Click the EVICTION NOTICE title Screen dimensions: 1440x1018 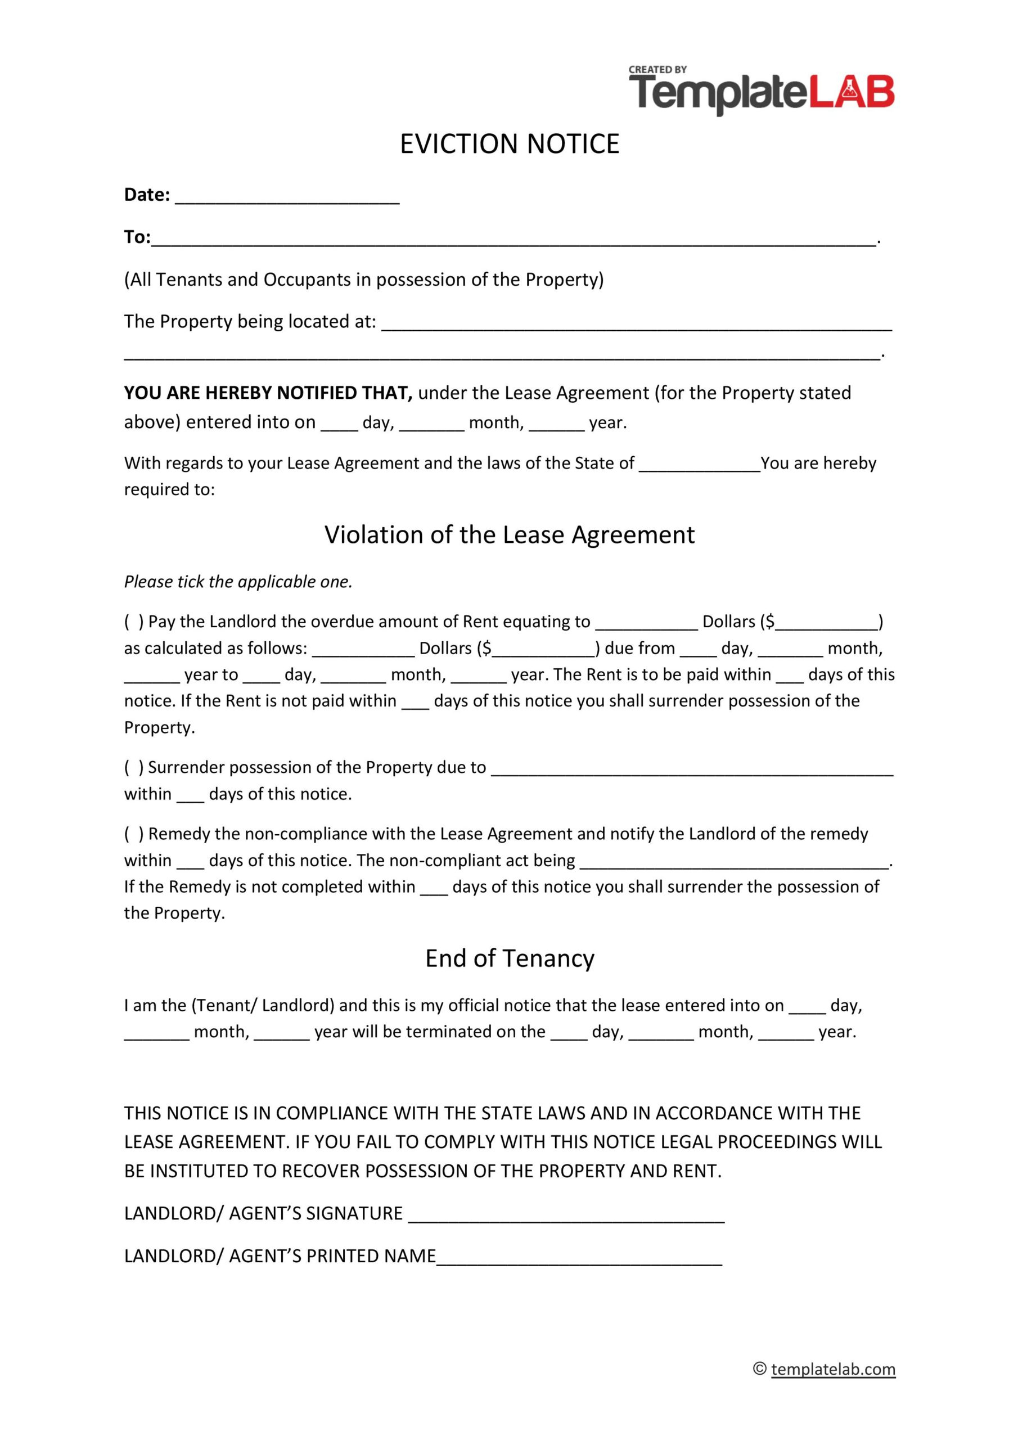pyautogui.click(x=510, y=143)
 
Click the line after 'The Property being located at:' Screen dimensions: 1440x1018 pyautogui.click(x=636, y=323)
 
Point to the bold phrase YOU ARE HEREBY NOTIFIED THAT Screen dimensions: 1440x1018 pyautogui.click(x=268, y=393)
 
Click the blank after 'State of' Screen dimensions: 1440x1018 pyautogui.click(x=699, y=465)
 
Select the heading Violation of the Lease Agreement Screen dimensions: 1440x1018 pyautogui.click(x=510, y=534)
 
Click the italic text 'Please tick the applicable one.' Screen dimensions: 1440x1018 pyautogui.click(x=238, y=582)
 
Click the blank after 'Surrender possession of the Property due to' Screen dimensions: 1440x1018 pyautogui.click(x=691, y=769)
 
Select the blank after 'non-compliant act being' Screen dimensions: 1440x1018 pyautogui.click(x=734, y=862)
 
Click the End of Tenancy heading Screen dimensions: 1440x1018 pyautogui.click(x=510, y=958)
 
